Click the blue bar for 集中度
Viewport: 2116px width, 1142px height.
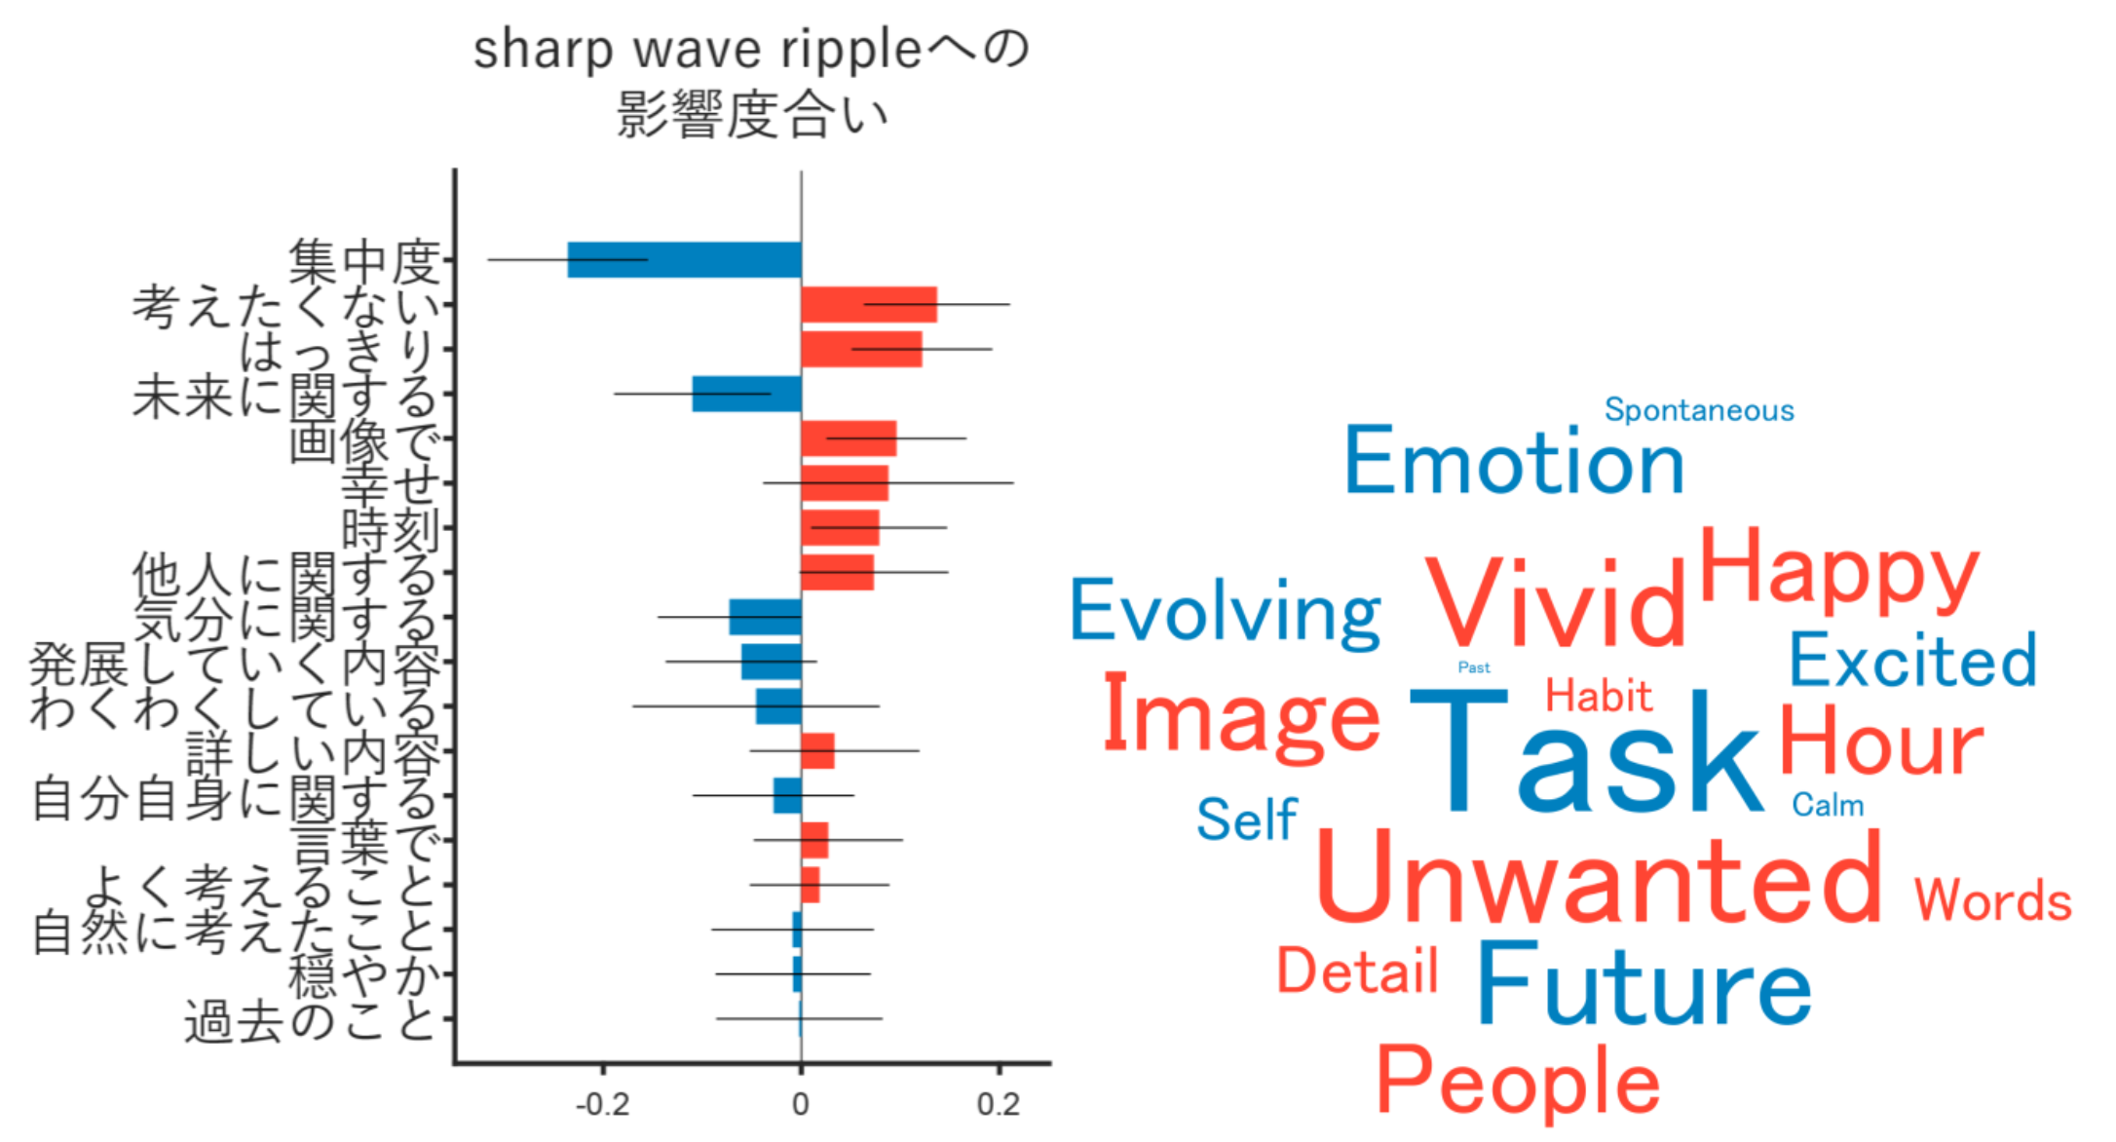[684, 259]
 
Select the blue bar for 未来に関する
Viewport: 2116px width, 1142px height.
[746, 394]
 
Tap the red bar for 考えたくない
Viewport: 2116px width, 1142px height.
[868, 305]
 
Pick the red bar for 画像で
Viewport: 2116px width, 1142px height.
[848, 438]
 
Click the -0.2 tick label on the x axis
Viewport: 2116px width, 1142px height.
[602, 1104]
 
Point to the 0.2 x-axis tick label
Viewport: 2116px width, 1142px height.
[998, 1104]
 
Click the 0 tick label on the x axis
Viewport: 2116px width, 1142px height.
[801, 1104]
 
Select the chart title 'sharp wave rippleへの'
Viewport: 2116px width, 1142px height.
[750, 51]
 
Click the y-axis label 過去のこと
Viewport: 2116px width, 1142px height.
[309, 1022]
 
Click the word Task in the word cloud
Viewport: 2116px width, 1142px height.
[1586, 752]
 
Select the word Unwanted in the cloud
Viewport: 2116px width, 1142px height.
[1599, 879]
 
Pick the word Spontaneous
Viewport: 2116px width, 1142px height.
[1699, 410]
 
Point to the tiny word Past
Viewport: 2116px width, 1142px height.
[1474, 667]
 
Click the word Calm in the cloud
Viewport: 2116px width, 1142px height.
[1828, 805]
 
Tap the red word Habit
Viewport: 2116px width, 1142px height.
[1599, 696]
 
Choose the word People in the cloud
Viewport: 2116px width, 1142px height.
[1518, 1082]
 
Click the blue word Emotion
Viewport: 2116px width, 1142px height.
[1514, 462]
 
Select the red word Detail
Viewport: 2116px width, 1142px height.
[1357, 971]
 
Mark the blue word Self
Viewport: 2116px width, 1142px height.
[1247, 819]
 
